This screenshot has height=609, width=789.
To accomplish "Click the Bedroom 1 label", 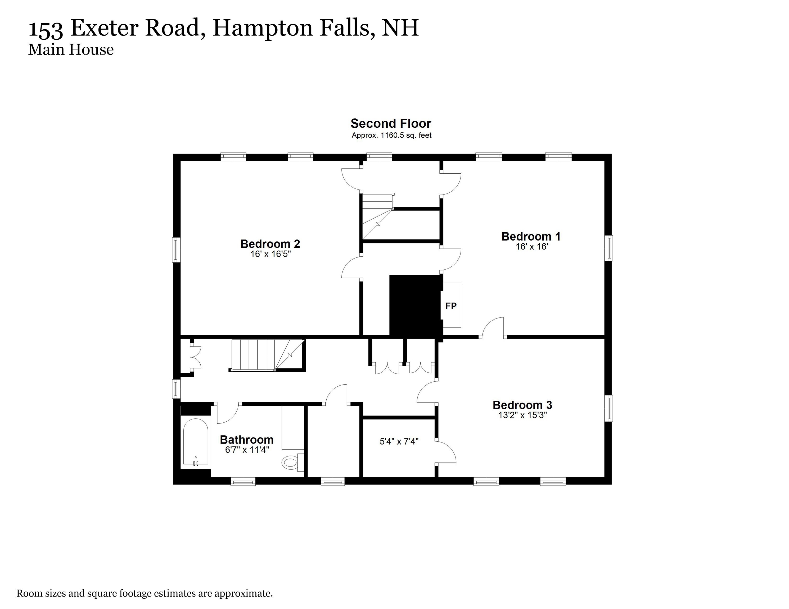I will [x=531, y=237].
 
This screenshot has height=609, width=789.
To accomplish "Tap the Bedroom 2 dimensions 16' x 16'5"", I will [x=270, y=254].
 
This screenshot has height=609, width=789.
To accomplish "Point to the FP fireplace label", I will [x=451, y=306].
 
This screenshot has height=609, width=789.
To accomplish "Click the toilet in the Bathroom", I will [x=290, y=462].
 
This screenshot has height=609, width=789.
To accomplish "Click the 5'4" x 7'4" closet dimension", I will [x=399, y=441].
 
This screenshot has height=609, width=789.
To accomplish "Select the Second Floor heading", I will [x=391, y=123].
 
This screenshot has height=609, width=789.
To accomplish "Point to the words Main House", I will [x=71, y=49].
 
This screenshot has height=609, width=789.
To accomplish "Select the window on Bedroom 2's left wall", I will [x=176, y=250].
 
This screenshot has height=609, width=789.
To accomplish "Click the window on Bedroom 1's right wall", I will [x=609, y=248].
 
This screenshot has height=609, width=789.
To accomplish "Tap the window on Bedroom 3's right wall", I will [x=609, y=408].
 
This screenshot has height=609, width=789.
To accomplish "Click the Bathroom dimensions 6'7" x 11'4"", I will [x=247, y=450].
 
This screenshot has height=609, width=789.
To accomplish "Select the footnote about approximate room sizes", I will [x=145, y=593].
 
